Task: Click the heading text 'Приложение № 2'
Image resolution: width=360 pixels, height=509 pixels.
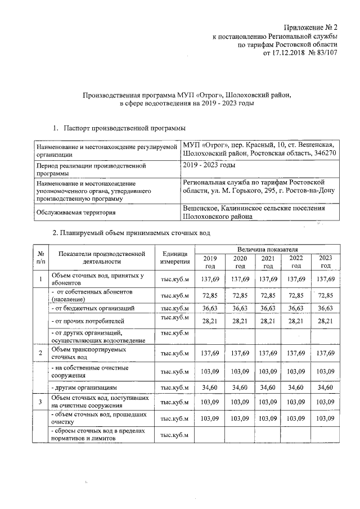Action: pos(312,27)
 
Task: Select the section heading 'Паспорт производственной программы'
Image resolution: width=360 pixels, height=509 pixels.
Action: pos(124,129)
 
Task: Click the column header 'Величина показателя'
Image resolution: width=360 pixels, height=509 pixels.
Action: pos(267,248)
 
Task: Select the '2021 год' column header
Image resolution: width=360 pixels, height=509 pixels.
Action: pos(268,262)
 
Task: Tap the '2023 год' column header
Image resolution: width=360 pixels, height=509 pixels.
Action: pos(326,262)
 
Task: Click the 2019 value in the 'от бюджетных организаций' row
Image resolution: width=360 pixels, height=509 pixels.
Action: pos(210,308)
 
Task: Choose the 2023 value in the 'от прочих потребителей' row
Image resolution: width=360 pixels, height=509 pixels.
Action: pos(326,321)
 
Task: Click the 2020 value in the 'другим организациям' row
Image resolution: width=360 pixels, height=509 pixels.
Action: pos(239,388)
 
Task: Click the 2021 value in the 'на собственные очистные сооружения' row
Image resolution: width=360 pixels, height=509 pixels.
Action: pos(268,372)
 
